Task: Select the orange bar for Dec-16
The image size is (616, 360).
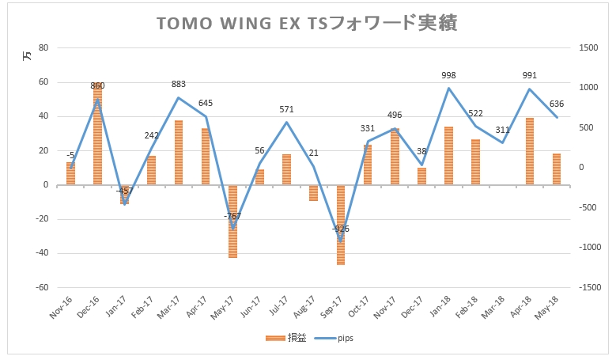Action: (x=97, y=135)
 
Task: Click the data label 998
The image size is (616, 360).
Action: (x=448, y=76)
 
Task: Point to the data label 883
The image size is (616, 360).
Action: (x=178, y=85)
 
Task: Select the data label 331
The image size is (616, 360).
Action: (x=368, y=128)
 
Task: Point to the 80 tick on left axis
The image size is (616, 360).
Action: (x=43, y=47)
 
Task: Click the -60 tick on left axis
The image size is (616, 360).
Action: (x=41, y=288)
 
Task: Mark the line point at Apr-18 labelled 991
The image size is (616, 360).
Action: (x=530, y=89)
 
